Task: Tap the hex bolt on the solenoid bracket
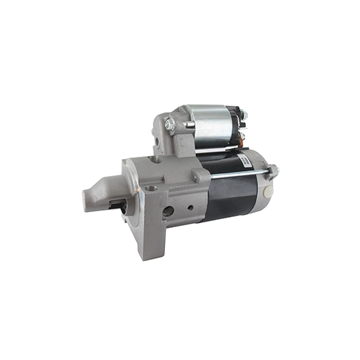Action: click(170, 125)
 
